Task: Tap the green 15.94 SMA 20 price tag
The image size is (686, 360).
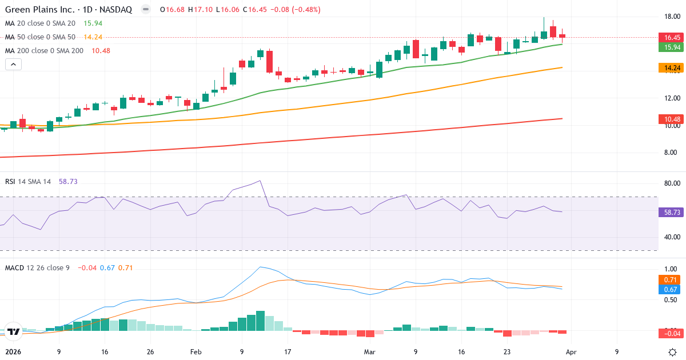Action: pyautogui.click(x=672, y=47)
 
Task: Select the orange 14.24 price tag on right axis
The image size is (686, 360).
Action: pyautogui.click(x=672, y=68)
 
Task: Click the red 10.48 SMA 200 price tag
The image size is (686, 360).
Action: pyautogui.click(x=672, y=119)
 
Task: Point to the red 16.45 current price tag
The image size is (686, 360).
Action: pyautogui.click(x=672, y=38)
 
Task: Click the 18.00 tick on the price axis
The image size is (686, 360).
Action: pyautogui.click(x=672, y=16)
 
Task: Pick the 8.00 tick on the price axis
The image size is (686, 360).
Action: pyautogui.click(x=672, y=153)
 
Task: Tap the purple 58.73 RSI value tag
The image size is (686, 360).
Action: pyautogui.click(x=672, y=212)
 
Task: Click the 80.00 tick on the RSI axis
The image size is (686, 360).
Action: pyautogui.click(x=672, y=183)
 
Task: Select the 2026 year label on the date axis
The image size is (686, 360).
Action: pyautogui.click(x=13, y=352)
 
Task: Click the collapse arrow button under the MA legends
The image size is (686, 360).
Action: pyautogui.click(x=13, y=65)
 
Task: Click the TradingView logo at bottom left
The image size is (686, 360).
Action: pyautogui.click(x=14, y=331)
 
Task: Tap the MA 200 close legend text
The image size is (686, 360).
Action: pyautogui.click(x=44, y=51)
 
